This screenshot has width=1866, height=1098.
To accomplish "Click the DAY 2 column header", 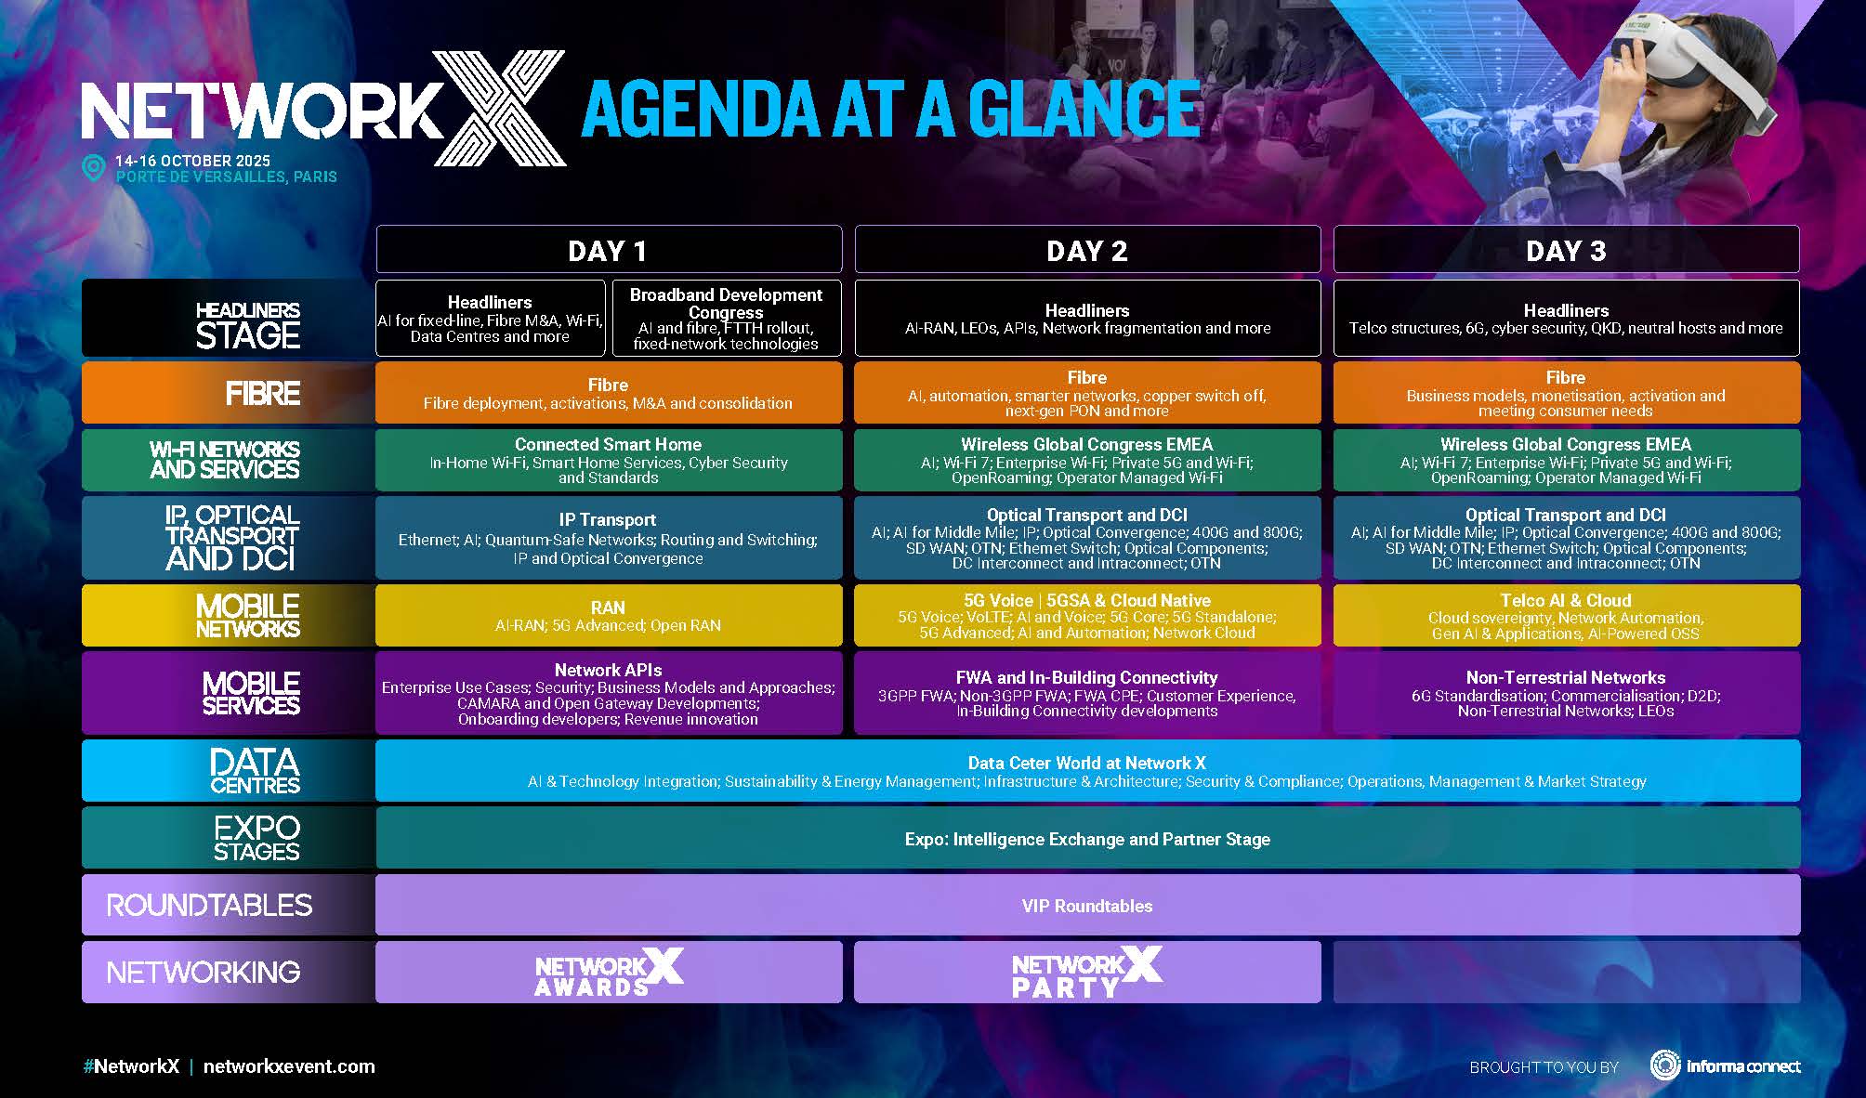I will (x=1086, y=250).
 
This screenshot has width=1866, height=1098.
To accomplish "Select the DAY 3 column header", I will (x=1566, y=250).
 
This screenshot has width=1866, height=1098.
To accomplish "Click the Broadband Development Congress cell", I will (x=726, y=319).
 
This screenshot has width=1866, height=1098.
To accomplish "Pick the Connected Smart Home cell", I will (x=608, y=460).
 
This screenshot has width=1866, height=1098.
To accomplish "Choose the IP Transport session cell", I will (x=608, y=538).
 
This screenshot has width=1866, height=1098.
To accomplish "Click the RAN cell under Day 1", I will (x=608, y=615).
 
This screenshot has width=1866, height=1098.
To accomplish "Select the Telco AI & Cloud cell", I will (x=1566, y=615).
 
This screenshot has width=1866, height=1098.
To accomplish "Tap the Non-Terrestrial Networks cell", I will (x=1566, y=693).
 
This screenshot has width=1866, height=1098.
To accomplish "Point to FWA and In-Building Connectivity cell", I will (x=1086, y=693).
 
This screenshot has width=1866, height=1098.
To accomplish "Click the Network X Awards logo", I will (x=608, y=973).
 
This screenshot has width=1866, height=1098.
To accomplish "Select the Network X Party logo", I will (x=1086, y=973).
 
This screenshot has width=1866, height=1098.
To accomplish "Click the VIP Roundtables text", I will (x=1086, y=906).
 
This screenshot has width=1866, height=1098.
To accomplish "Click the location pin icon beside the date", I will (x=93, y=168).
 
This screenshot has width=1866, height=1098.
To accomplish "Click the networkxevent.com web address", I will (x=289, y=1066).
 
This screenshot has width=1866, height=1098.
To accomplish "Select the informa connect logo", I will (x=1726, y=1066).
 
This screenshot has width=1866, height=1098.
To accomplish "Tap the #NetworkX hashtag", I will (x=131, y=1066).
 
